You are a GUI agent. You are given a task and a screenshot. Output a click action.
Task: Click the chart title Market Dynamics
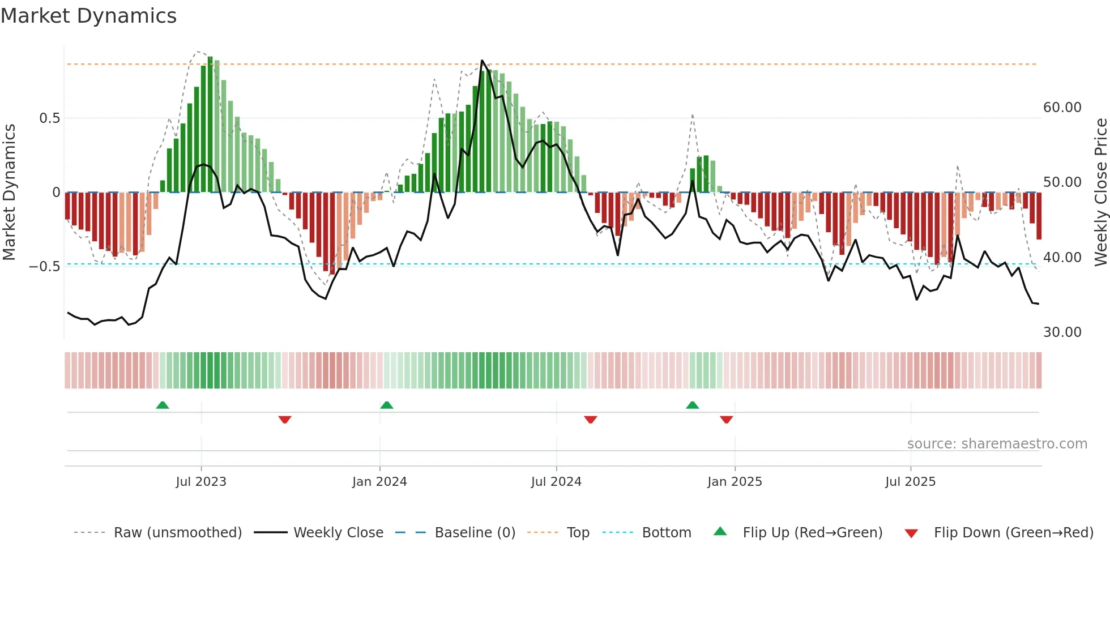click(x=88, y=16)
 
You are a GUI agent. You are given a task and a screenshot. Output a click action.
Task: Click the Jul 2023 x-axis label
click(x=200, y=482)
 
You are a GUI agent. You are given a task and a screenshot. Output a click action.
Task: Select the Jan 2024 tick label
click(x=379, y=482)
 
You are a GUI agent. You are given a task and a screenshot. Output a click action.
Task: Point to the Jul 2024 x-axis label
click(x=556, y=482)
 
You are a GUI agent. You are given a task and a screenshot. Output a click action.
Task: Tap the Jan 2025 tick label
click(x=735, y=482)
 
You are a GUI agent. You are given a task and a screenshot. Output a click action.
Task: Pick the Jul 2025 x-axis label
click(x=910, y=482)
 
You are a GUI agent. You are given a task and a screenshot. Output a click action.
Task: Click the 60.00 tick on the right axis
click(x=1062, y=108)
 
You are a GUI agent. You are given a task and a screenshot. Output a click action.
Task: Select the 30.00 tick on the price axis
click(x=1062, y=332)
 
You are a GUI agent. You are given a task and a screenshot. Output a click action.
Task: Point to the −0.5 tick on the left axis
click(x=45, y=267)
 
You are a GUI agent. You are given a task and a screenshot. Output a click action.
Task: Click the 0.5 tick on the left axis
click(x=49, y=118)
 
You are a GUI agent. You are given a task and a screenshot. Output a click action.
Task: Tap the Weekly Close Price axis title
click(x=1100, y=193)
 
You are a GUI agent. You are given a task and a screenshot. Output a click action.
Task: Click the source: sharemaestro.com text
click(x=997, y=444)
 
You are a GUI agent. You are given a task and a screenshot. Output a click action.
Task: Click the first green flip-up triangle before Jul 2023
click(x=163, y=405)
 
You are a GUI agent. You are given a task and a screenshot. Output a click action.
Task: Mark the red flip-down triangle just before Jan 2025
click(x=727, y=420)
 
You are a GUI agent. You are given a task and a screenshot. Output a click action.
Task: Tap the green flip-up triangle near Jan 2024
click(x=387, y=405)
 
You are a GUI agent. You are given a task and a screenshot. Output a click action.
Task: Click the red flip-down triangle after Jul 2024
click(x=591, y=420)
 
